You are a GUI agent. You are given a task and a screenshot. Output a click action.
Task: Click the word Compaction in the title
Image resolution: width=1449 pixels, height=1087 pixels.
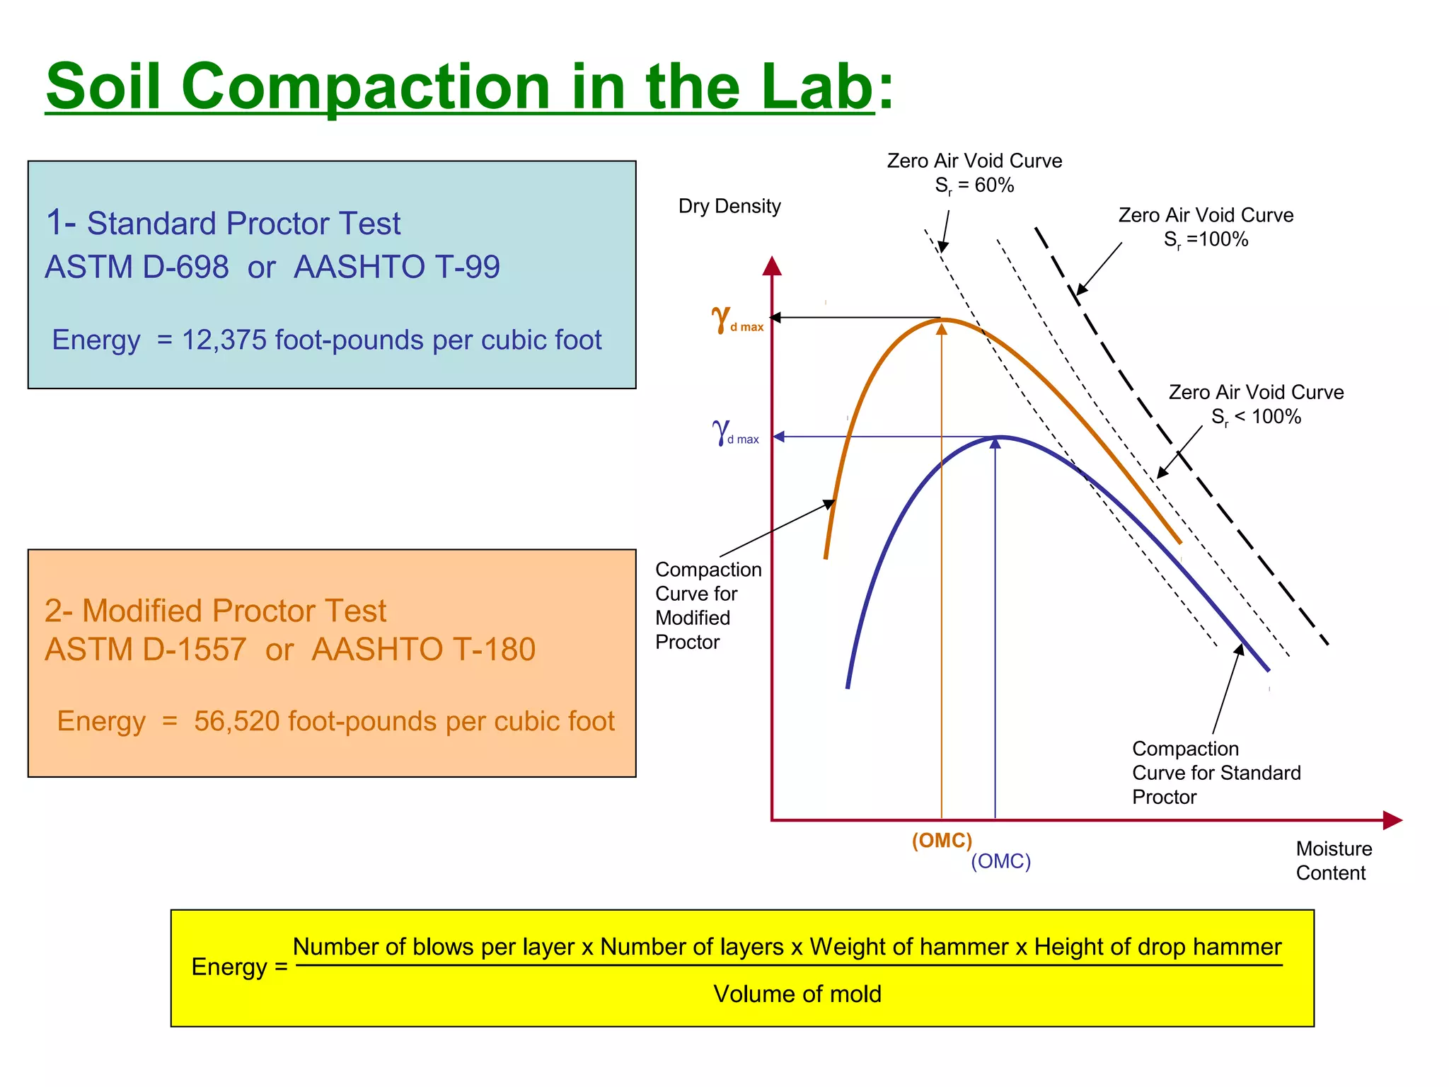click(x=365, y=87)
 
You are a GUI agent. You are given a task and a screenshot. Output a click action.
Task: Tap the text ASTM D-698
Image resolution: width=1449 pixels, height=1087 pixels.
click(x=137, y=267)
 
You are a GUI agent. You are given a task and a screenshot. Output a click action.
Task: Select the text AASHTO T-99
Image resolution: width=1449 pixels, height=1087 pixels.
click(x=396, y=267)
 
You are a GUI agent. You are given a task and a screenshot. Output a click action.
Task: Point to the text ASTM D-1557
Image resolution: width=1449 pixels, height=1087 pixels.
click(x=145, y=649)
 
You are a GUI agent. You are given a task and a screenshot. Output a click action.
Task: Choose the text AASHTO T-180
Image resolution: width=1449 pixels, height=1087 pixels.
click(x=423, y=649)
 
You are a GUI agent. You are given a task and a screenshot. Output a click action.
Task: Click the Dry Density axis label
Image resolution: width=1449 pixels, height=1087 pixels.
click(x=729, y=206)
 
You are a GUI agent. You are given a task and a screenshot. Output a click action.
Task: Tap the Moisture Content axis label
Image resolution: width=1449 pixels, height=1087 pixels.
click(x=1333, y=861)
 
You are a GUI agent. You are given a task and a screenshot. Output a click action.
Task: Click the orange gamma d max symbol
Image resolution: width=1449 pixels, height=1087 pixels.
click(x=736, y=320)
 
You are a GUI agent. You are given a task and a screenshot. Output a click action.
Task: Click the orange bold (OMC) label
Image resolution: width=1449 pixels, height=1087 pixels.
click(x=942, y=840)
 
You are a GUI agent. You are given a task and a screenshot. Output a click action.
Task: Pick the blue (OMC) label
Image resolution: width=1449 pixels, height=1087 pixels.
click(x=1000, y=861)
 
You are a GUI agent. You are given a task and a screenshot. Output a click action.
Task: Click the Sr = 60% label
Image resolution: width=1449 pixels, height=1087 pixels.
click(x=974, y=185)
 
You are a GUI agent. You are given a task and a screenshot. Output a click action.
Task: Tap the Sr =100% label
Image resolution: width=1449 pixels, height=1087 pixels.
click(x=1206, y=239)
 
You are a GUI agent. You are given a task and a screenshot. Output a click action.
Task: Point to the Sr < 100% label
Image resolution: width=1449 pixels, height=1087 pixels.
click(x=1256, y=417)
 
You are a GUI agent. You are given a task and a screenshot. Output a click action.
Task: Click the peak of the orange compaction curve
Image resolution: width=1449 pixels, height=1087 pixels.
click(x=942, y=321)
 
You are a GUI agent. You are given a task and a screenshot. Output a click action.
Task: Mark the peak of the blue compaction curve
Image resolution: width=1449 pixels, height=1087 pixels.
click(x=1000, y=437)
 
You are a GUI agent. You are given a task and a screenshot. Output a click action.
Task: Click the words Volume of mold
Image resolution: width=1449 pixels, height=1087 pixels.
click(x=797, y=994)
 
